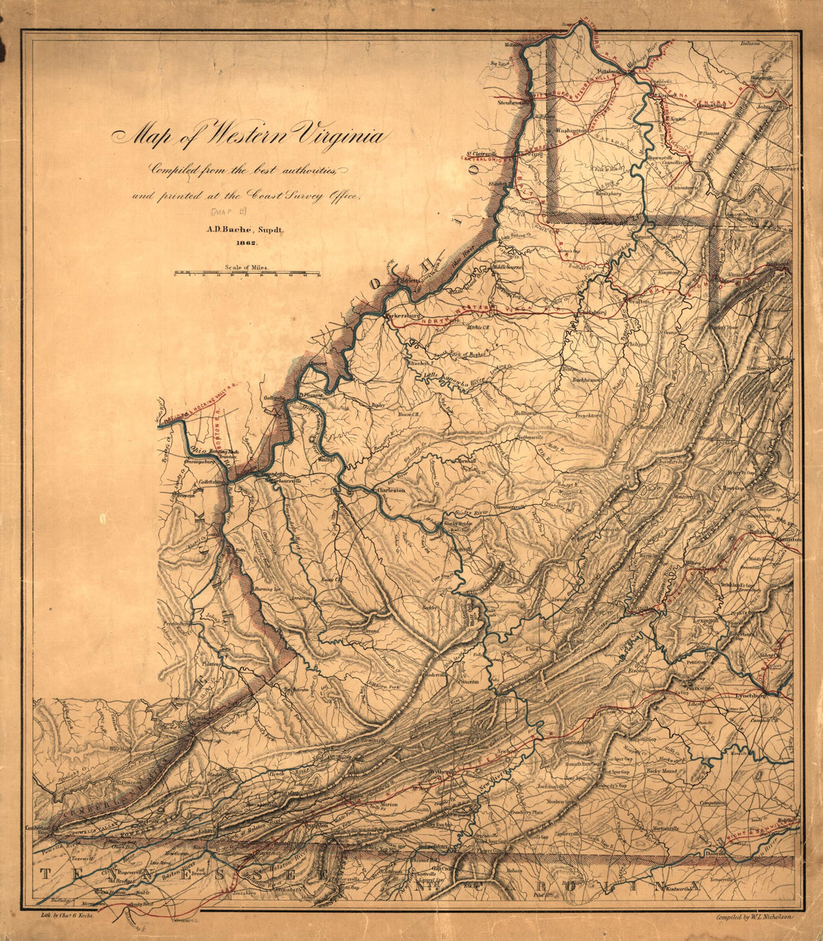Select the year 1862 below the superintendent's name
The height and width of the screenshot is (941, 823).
click(246, 243)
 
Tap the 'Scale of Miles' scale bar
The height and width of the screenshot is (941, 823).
click(247, 273)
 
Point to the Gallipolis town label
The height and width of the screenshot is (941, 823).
click(274, 399)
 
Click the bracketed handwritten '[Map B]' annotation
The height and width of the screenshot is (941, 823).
click(224, 213)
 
